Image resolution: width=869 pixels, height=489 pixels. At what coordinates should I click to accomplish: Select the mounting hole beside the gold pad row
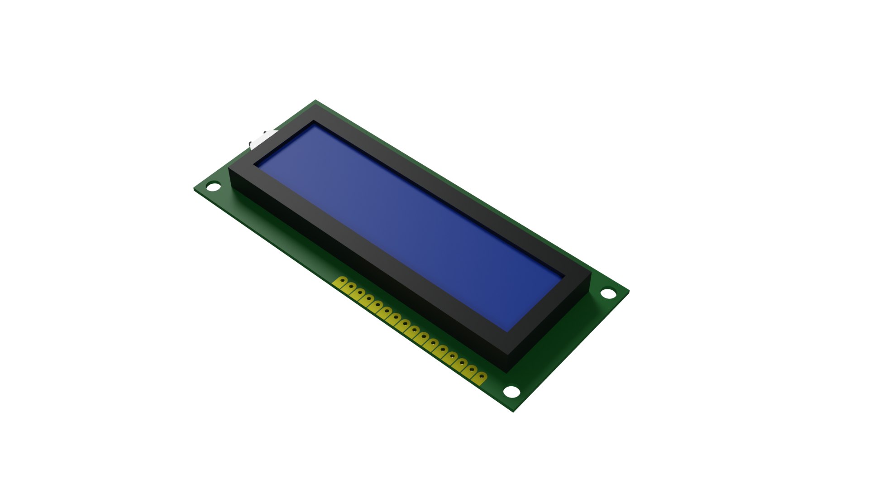(x=512, y=391)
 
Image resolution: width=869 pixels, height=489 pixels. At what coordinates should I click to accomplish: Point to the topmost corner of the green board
(x=315, y=101)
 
